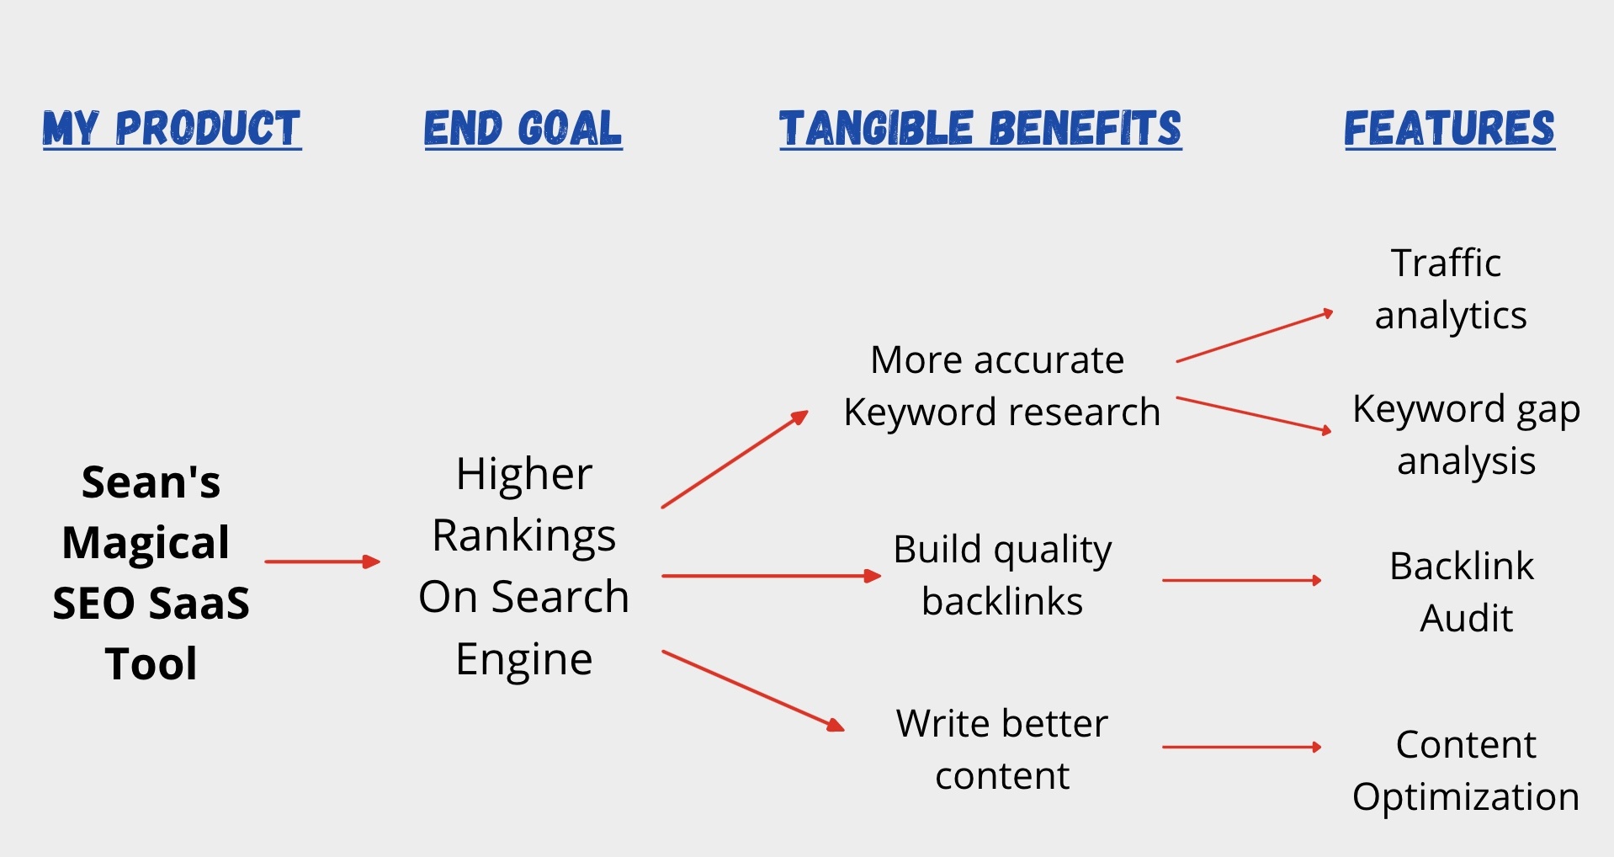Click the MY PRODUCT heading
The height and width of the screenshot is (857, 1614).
pyautogui.click(x=172, y=129)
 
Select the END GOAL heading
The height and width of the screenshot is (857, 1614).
pyautogui.click(x=523, y=129)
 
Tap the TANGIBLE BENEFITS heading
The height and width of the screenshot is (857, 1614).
pyautogui.click(x=980, y=129)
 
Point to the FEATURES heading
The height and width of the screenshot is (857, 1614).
pyautogui.click(x=1449, y=129)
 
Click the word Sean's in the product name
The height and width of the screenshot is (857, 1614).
pyautogui.click(x=151, y=482)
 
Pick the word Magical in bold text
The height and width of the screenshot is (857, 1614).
pyautogui.click(x=146, y=542)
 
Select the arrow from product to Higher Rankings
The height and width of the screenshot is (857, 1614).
pyautogui.click(x=322, y=562)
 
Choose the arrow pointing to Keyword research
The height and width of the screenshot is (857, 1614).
pyautogui.click(x=735, y=460)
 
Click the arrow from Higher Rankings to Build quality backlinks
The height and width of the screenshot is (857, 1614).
pyautogui.click(x=772, y=576)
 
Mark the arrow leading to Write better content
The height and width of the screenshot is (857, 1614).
pyautogui.click(x=753, y=690)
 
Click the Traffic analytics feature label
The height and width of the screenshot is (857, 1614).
pyautogui.click(x=1450, y=289)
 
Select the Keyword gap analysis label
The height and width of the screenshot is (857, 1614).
pyautogui.click(x=1466, y=435)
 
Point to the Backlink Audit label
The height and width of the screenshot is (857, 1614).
pyautogui.click(x=1463, y=592)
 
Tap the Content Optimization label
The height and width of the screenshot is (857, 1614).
pyautogui.click(x=1466, y=771)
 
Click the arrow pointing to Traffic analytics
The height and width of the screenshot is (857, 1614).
pyautogui.click(x=1255, y=337)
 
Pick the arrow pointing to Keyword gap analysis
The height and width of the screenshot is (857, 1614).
pyautogui.click(x=1254, y=415)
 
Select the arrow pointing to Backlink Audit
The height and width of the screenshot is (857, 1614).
pyautogui.click(x=1242, y=580)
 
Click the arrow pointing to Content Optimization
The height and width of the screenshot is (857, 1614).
pyautogui.click(x=1242, y=747)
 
